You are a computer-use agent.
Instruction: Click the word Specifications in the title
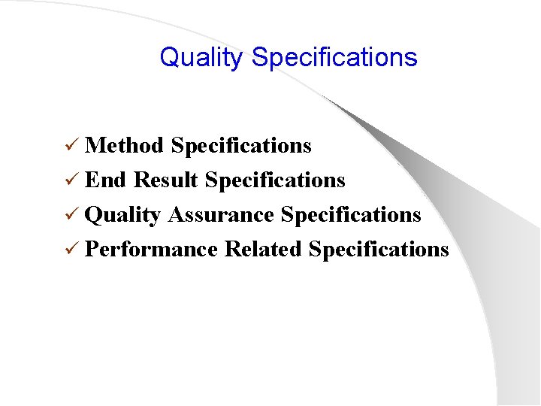(x=334, y=58)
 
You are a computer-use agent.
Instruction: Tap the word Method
(x=124, y=145)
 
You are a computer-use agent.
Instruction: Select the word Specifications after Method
(x=241, y=146)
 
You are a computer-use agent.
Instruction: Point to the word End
(x=106, y=180)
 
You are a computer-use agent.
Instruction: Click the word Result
(x=165, y=180)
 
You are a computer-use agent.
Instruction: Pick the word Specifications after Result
(x=275, y=180)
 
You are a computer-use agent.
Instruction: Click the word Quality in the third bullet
(x=123, y=215)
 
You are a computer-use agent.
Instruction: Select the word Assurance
(x=221, y=215)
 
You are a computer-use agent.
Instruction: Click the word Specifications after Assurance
(x=351, y=215)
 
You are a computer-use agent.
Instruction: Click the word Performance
(x=151, y=249)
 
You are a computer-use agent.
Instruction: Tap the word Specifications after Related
(x=379, y=249)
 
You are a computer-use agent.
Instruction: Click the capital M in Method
(x=95, y=145)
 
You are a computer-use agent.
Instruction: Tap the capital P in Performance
(x=91, y=249)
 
